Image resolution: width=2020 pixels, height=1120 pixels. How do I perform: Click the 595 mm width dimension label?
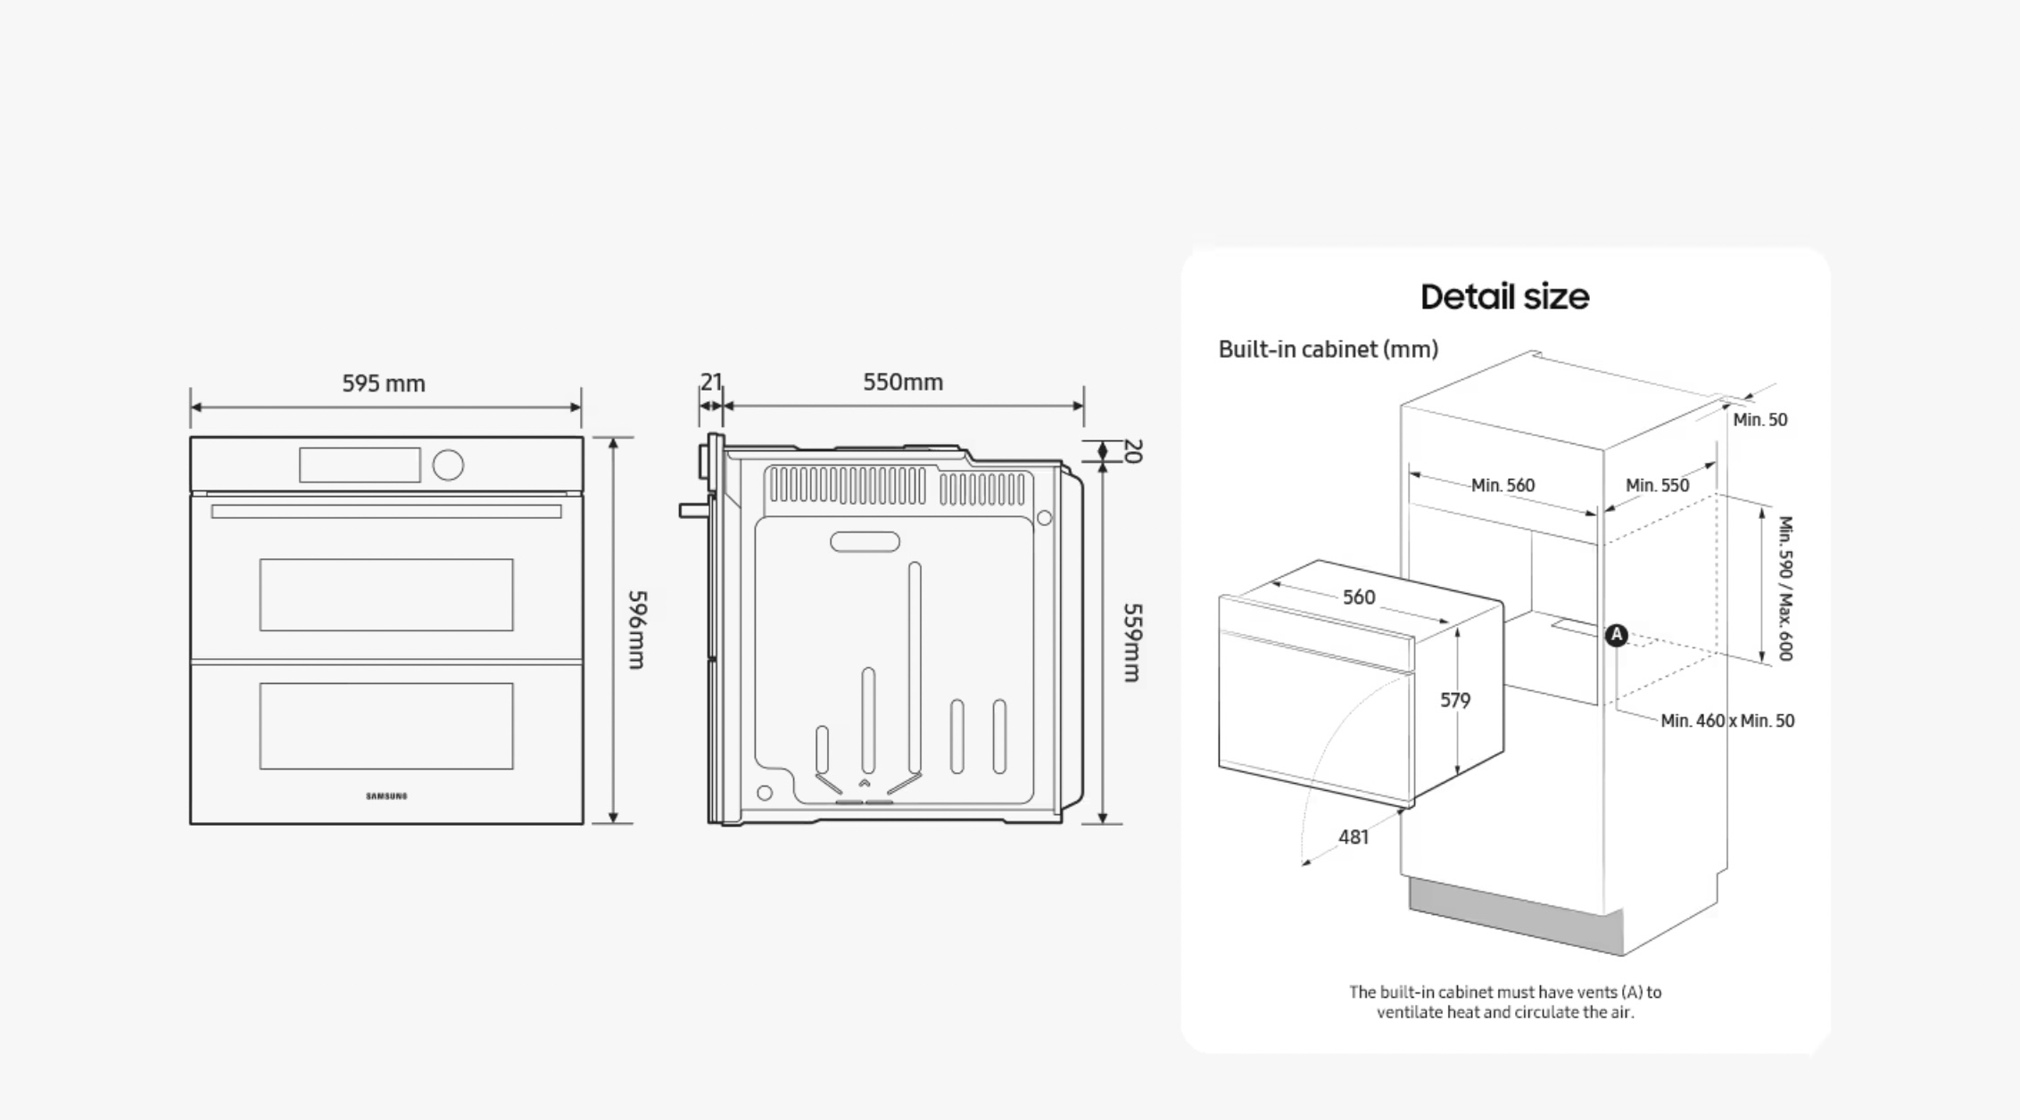[384, 383]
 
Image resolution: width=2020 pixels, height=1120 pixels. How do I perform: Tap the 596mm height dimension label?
[636, 630]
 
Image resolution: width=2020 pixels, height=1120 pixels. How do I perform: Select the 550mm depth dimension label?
[903, 382]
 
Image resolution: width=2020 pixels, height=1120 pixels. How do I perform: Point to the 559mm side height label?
[1131, 643]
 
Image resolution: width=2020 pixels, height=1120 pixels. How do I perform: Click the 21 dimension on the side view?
[710, 382]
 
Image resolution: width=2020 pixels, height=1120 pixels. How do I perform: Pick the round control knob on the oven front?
[448, 465]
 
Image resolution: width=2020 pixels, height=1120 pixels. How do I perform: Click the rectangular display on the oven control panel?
[360, 465]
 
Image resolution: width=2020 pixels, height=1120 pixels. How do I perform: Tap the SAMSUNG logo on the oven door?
[386, 796]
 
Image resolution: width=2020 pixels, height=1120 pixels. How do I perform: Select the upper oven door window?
[386, 595]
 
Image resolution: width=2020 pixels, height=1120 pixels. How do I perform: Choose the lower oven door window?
[386, 726]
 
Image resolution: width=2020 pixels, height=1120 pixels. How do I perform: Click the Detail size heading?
[1504, 297]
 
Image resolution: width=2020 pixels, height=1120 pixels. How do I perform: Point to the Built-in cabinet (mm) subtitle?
[1329, 349]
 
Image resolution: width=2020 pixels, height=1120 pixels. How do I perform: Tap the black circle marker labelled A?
[1617, 635]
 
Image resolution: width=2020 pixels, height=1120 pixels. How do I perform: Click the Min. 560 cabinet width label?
[1503, 485]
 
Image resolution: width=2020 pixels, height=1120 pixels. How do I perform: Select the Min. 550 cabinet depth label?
[1658, 485]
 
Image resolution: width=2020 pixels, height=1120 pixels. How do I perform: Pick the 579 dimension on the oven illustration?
[1455, 700]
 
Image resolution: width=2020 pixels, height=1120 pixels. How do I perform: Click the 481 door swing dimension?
[1354, 836]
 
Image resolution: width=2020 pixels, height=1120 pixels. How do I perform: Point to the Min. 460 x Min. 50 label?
[1727, 721]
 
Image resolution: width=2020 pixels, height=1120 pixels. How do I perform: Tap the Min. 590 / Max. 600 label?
[1785, 589]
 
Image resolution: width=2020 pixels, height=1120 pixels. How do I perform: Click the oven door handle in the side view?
[696, 511]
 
